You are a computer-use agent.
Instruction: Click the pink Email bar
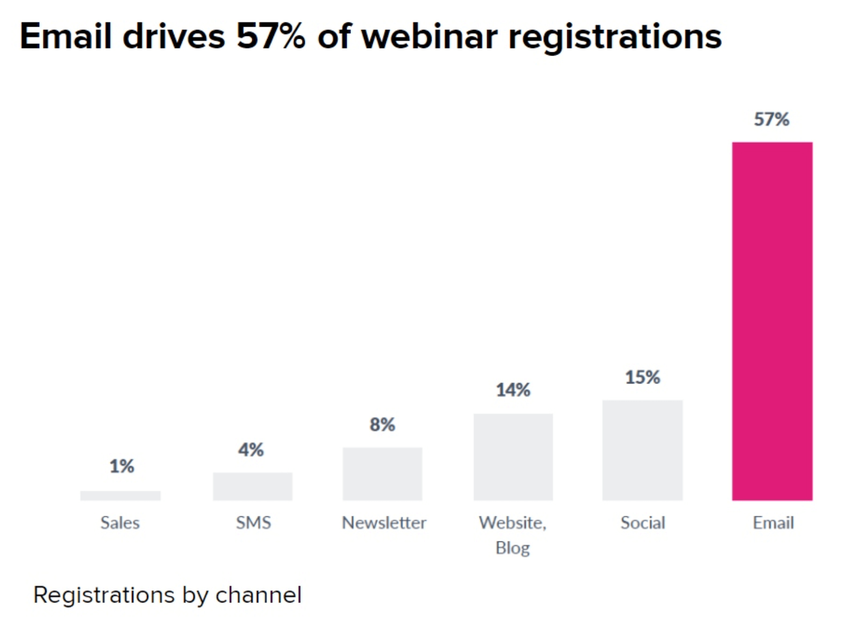(x=772, y=321)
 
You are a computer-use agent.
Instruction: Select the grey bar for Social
(x=642, y=450)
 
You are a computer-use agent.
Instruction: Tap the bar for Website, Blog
(x=513, y=457)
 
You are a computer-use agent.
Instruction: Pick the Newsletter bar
(x=383, y=474)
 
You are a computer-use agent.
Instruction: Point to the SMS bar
(x=253, y=486)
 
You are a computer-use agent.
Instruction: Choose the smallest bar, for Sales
(x=120, y=496)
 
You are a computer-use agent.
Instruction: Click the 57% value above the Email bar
(x=772, y=119)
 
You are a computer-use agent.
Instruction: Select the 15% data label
(x=642, y=377)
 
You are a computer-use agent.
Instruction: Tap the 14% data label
(x=513, y=390)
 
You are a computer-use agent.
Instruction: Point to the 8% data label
(x=383, y=424)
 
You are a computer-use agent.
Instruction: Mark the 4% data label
(x=251, y=450)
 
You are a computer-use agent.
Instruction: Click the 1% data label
(x=122, y=466)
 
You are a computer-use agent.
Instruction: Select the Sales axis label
(x=120, y=523)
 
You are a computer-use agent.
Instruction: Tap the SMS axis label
(x=253, y=523)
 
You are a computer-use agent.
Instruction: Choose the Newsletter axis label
(x=384, y=523)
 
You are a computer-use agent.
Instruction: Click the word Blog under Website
(x=513, y=547)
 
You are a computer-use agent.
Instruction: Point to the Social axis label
(x=643, y=523)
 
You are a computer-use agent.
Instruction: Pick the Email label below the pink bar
(x=773, y=523)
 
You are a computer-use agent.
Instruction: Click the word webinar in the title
(x=429, y=37)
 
